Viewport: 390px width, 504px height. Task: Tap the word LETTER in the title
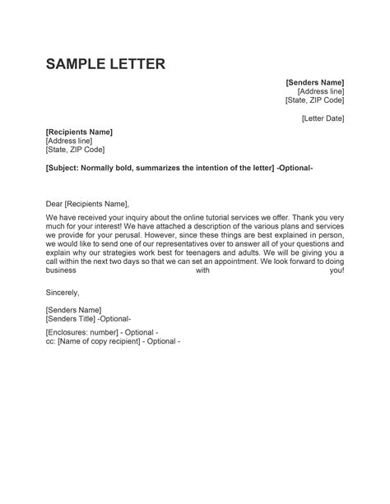[x=139, y=63]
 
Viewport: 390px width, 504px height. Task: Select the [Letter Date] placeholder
[x=323, y=118]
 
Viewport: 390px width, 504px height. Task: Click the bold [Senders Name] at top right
[x=314, y=82]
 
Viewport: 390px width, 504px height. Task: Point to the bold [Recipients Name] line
[x=80, y=132]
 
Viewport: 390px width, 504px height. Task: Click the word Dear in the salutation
[x=54, y=203]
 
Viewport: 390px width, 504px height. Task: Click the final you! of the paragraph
[x=337, y=271]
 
